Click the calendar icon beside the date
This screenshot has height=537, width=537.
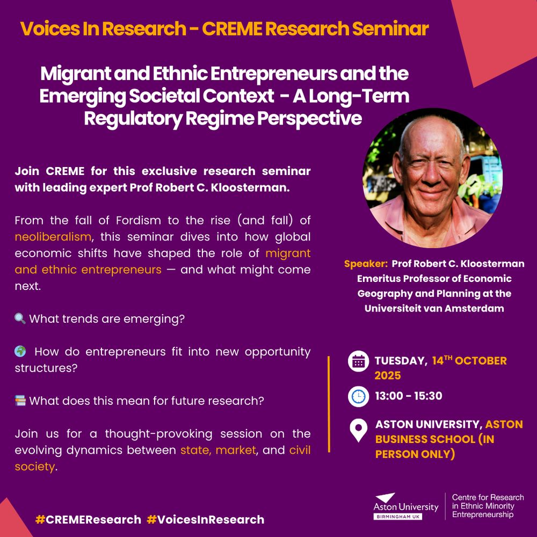(358, 361)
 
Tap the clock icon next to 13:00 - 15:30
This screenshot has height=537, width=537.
(358, 397)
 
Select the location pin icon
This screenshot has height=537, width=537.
(358, 430)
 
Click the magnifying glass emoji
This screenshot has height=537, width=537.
(20, 318)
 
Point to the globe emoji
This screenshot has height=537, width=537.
(20, 351)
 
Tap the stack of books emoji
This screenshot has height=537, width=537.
(20, 401)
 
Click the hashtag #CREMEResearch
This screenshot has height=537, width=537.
(89, 519)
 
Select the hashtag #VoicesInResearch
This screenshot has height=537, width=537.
(206, 519)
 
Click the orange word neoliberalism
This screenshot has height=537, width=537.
(53, 237)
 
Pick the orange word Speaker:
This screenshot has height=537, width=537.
(366, 264)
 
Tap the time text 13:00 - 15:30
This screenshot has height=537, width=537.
(409, 396)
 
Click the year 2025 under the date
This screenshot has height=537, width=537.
(388, 376)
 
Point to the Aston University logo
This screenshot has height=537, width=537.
(406, 506)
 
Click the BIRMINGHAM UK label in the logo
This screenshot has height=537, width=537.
(398, 517)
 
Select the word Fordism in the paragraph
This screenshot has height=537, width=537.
(139, 220)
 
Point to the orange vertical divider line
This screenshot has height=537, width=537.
(329, 404)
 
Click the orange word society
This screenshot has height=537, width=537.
(34, 467)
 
